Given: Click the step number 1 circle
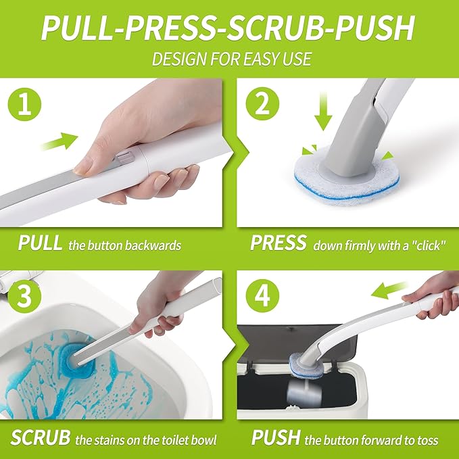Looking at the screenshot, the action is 24,105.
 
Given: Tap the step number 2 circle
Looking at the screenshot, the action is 262,104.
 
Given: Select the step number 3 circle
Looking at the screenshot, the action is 24,295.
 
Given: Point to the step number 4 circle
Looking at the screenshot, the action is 262,295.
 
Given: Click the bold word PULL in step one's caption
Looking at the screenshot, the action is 40,243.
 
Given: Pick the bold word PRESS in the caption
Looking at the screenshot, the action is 279,243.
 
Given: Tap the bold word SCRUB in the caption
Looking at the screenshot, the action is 41,437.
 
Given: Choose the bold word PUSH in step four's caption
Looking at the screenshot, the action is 276,437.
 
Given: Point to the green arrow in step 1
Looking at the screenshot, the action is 59,141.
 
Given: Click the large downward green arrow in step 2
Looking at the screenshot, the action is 323,111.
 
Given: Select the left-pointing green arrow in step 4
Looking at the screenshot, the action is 389,290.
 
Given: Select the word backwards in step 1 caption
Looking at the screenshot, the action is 153,245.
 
